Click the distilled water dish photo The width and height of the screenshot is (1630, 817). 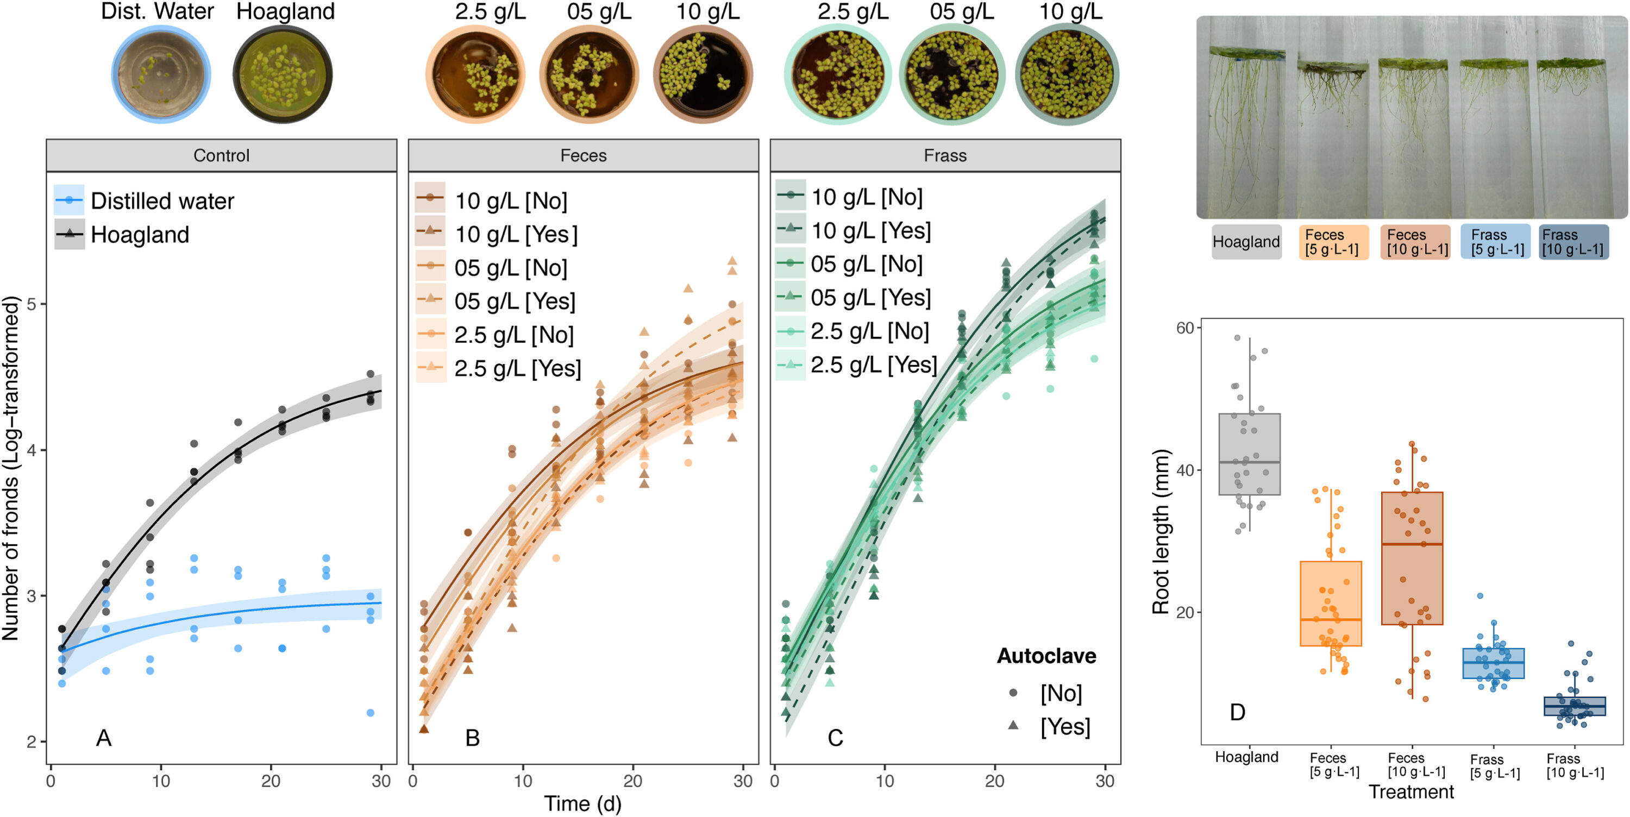tap(161, 74)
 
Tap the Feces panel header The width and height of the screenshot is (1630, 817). tap(583, 156)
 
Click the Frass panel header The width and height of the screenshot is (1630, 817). tap(945, 156)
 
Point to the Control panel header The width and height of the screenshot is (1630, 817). tap(222, 156)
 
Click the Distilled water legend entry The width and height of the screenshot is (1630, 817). tap(145, 200)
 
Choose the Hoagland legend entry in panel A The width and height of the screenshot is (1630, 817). tap(122, 234)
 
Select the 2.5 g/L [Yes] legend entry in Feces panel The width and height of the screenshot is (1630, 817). tap(498, 368)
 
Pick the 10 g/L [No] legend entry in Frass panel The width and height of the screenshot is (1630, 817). tap(849, 197)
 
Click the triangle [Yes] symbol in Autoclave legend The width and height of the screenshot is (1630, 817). tap(1013, 725)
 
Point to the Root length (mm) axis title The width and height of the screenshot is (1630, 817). tap(1160, 532)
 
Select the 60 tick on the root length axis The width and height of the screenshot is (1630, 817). tap(1184, 328)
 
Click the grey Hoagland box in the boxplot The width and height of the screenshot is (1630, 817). tap(1250, 454)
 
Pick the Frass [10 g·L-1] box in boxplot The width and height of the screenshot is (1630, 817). tap(1575, 706)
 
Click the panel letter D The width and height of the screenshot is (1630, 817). tap(1237, 712)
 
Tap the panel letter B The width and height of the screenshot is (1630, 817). tap(472, 738)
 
